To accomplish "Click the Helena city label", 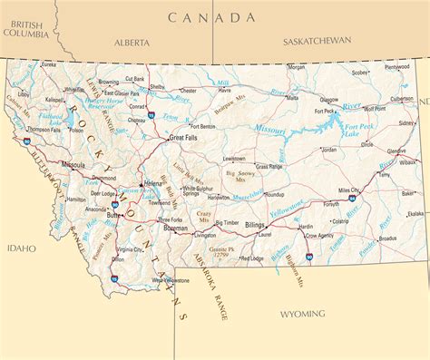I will pyautogui.click(x=153, y=184).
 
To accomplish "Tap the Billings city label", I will pyautogui.click(x=254, y=223).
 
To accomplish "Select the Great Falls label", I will pyautogui.click(x=182, y=137).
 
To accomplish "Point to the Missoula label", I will pyautogui.click(x=73, y=165).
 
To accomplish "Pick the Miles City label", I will pyautogui.click(x=348, y=190).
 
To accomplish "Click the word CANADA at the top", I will pyautogui.click(x=211, y=17).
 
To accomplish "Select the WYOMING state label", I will pyautogui.click(x=302, y=314).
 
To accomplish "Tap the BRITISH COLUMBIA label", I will pyautogui.click(x=24, y=28).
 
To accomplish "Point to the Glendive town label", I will pyautogui.click(x=396, y=151).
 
